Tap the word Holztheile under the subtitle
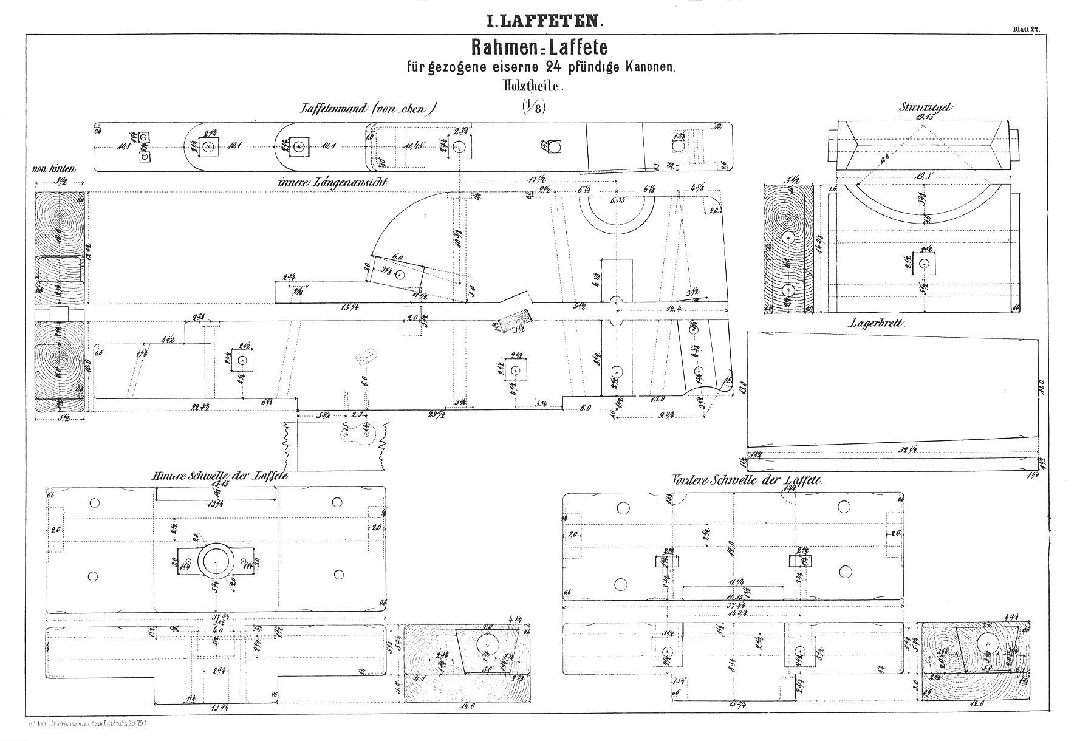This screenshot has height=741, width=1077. click(533, 87)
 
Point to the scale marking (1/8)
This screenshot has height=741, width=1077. click(534, 107)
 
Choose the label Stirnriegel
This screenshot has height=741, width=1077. click(926, 108)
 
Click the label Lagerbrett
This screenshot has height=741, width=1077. click(877, 324)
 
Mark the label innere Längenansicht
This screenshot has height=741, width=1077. click(332, 182)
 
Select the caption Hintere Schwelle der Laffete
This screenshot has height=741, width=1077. click(220, 476)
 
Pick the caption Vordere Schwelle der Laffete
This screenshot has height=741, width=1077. click(747, 480)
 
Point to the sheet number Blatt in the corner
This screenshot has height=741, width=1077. click(1026, 29)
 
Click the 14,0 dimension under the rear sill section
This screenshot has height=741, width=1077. click(468, 706)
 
